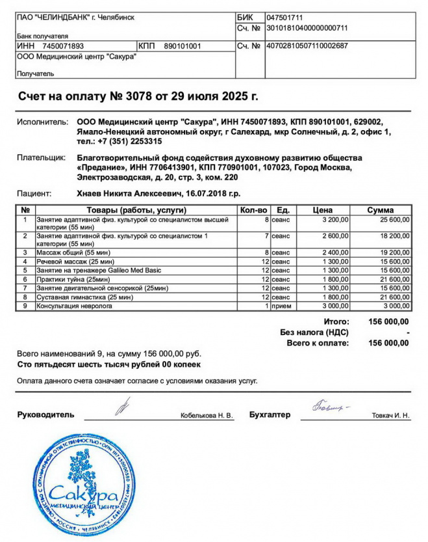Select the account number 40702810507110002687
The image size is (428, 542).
(x=307, y=46)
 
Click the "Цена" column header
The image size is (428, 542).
(x=322, y=210)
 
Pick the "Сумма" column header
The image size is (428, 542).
(x=380, y=210)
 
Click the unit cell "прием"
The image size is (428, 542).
(x=281, y=306)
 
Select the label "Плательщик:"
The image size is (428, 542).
(x=41, y=157)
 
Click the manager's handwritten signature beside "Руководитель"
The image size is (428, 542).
(x=122, y=407)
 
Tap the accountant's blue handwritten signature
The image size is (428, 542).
(x=330, y=408)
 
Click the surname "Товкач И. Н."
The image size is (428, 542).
(x=391, y=415)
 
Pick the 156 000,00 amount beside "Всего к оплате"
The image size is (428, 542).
(x=388, y=342)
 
